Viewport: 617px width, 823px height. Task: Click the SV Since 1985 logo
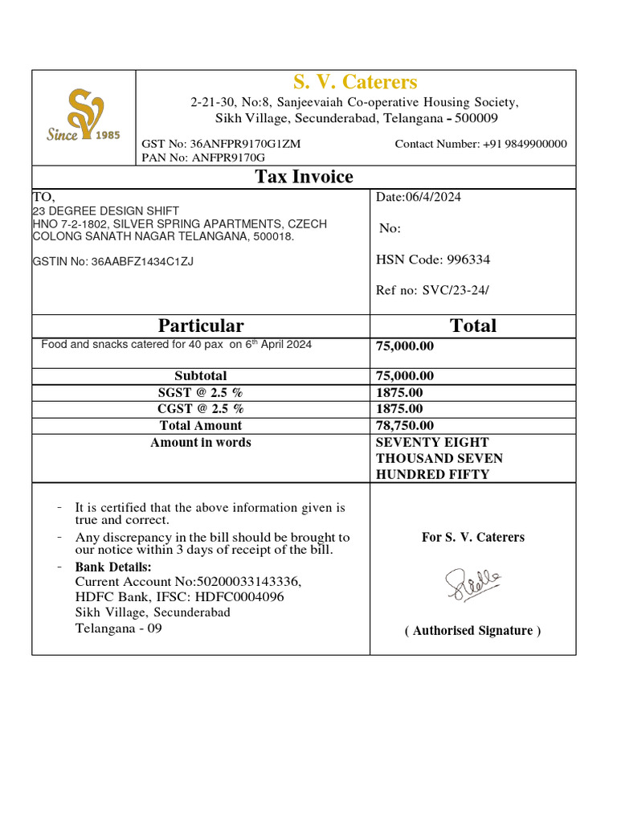tap(83, 117)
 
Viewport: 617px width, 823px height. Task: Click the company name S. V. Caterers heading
tap(354, 82)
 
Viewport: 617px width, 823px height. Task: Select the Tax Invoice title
tap(304, 177)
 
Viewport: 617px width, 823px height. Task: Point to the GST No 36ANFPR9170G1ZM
tap(222, 144)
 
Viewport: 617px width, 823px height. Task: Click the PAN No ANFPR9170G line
tap(203, 158)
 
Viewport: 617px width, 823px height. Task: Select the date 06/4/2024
tap(419, 198)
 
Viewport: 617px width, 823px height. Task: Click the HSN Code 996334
tap(433, 260)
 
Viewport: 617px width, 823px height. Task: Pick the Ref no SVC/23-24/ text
tap(432, 290)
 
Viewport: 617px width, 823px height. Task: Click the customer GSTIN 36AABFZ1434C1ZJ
tap(113, 261)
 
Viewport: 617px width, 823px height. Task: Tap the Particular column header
tap(201, 326)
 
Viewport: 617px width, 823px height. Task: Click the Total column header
tap(473, 326)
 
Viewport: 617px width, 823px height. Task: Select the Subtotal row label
tap(201, 376)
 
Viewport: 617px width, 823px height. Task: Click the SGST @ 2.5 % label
tap(201, 393)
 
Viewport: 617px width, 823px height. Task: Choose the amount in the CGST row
tap(399, 409)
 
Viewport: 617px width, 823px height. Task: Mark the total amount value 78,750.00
tap(405, 426)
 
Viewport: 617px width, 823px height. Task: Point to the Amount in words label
tap(201, 443)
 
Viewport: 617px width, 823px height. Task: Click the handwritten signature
tap(473, 583)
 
